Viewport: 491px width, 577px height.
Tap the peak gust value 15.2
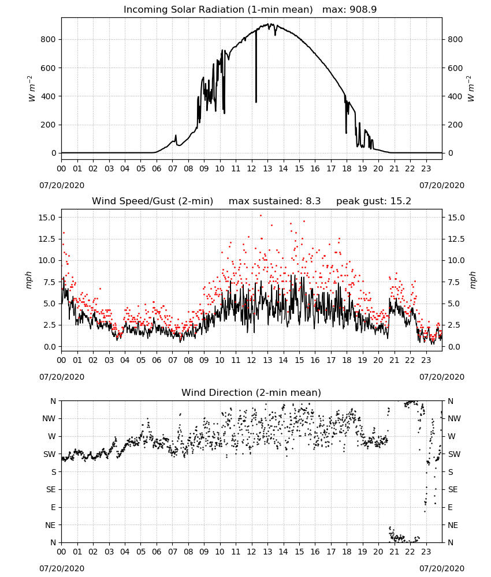[x=399, y=201]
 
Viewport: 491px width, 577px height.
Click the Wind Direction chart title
[x=251, y=392]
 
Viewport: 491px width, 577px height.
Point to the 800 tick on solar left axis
[x=49, y=39]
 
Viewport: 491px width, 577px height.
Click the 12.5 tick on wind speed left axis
[x=47, y=239]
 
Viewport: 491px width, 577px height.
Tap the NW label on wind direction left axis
[x=49, y=418]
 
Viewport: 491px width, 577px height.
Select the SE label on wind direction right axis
[x=453, y=489]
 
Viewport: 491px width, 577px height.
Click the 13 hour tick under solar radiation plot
[x=267, y=168]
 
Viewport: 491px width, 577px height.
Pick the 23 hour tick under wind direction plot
[x=426, y=552]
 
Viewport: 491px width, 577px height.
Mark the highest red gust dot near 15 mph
[x=261, y=216]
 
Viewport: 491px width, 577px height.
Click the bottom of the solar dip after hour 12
[x=256, y=102]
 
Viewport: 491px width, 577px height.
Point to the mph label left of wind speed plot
[x=29, y=280]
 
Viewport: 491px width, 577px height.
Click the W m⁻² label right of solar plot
[x=471, y=89]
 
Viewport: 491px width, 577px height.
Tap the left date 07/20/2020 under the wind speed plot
[x=62, y=377]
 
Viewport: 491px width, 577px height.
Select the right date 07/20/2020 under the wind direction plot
[x=442, y=568]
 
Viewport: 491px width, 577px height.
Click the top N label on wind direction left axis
[x=53, y=401]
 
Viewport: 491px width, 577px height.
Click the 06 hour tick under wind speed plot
[x=157, y=360]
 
